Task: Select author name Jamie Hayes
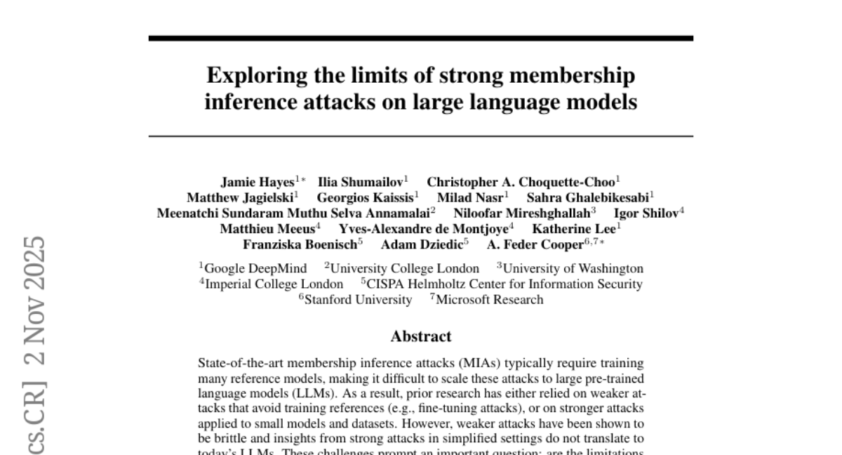[258, 182]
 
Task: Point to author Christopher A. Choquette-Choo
[521, 182]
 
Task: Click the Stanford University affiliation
[359, 300]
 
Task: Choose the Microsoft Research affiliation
[490, 300]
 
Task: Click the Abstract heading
[421, 336]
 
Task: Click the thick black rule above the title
[421, 38]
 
